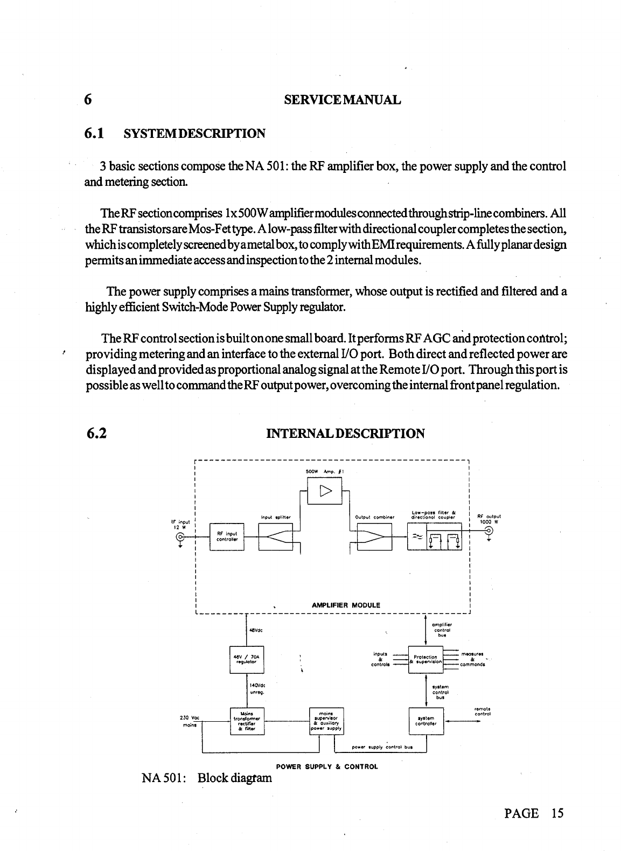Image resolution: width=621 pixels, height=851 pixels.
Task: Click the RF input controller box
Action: (x=227, y=536)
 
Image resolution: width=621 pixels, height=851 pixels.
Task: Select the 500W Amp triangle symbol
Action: (x=325, y=491)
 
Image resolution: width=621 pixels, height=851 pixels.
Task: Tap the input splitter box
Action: (x=276, y=536)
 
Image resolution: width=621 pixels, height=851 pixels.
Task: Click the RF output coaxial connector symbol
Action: (x=489, y=531)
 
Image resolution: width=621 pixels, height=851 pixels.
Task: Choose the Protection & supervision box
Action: (x=425, y=659)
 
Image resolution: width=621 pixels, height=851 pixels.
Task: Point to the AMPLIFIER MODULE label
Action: (x=346, y=605)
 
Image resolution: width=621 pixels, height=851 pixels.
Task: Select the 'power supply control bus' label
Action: (x=381, y=747)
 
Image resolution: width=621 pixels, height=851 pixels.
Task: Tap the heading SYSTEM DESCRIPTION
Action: (x=194, y=133)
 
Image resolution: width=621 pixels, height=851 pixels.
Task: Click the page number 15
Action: (x=557, y=813)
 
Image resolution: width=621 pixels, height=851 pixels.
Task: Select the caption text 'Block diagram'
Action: (x=234, y=778)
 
